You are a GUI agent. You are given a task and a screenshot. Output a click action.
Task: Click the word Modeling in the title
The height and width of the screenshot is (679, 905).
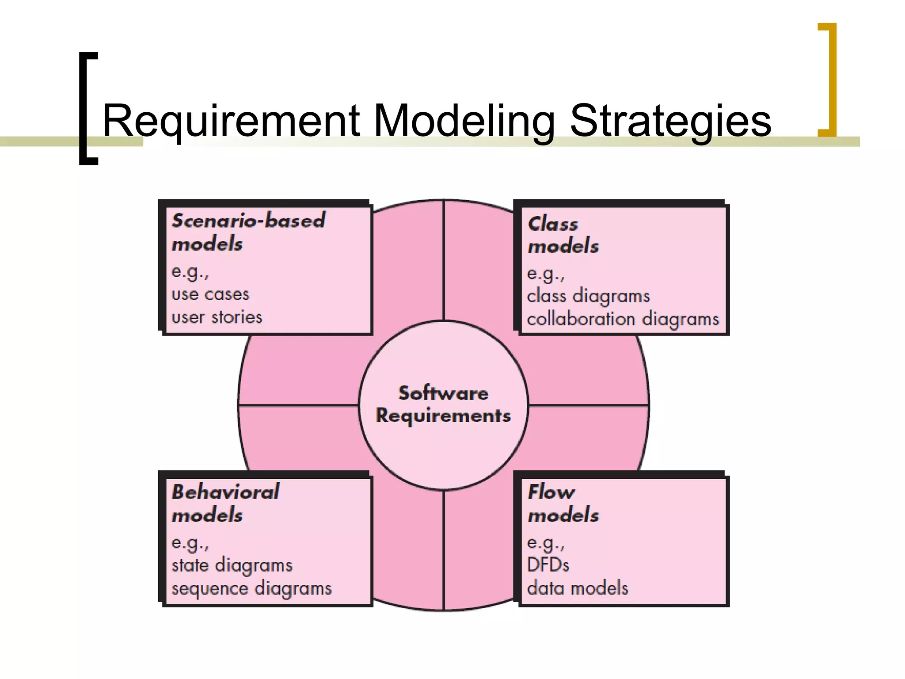(464, 120)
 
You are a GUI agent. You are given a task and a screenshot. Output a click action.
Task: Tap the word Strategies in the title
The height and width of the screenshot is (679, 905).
(670, 120)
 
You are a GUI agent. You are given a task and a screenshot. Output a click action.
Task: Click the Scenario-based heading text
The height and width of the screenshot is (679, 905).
(248, 220)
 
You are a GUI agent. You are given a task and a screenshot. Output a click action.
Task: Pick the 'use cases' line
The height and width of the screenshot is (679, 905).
(210, 294)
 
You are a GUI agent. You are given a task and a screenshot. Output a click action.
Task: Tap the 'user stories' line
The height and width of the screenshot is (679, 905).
(217, 317)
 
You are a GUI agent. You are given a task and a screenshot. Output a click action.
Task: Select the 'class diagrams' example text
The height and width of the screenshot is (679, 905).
(588, 296)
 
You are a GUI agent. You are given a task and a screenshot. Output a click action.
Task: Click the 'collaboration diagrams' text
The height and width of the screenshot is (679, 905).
(623, 319)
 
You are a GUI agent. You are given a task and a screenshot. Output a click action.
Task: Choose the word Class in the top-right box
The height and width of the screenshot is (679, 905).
(553, 224)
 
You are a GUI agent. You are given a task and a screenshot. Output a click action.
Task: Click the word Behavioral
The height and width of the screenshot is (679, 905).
(225, 492)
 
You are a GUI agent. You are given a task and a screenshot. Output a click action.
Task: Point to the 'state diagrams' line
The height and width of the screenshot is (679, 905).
(232, 565)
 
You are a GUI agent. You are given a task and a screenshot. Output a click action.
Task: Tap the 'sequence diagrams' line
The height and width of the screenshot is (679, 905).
(251, 589)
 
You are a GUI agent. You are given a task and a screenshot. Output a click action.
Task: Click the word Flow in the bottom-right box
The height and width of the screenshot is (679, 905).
(551, 492)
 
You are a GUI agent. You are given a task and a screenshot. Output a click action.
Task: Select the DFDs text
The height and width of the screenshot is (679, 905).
(548, 565)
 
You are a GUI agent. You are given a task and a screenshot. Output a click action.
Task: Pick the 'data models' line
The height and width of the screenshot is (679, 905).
(578, 588)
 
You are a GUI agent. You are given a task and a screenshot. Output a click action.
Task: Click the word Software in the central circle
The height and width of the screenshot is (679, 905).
(443, 393)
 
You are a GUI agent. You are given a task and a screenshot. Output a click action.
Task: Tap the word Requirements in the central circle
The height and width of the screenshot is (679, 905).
(443, 416)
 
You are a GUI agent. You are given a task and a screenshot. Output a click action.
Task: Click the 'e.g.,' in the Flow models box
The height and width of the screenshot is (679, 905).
(546, 543)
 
